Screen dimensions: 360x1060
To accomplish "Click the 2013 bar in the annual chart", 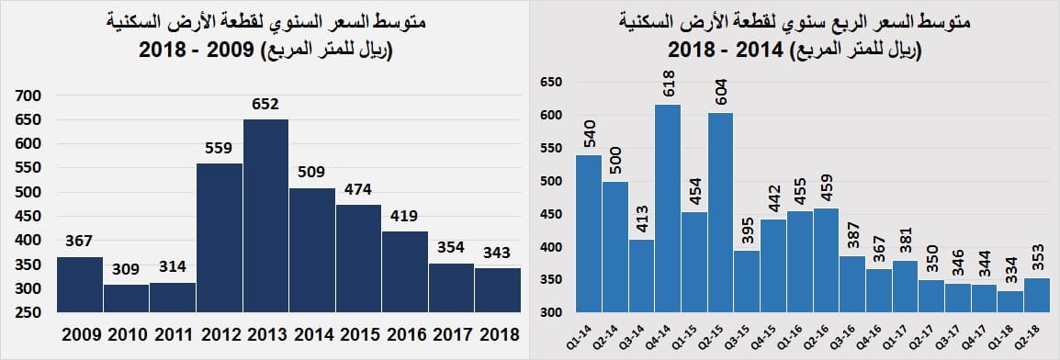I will [x=265, y=216].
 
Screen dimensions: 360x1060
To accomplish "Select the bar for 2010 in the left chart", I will [x=126, y=298].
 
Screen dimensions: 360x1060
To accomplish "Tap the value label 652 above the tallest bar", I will [x=265, y=105].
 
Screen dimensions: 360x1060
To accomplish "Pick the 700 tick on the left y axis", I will [x=29, y=96].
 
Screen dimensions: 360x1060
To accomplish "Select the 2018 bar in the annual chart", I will [x=498, y=289].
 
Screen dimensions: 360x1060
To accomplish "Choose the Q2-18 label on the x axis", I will [x=1036, y=332].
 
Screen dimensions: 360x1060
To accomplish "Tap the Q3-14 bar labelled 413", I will [x=641, y=276].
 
